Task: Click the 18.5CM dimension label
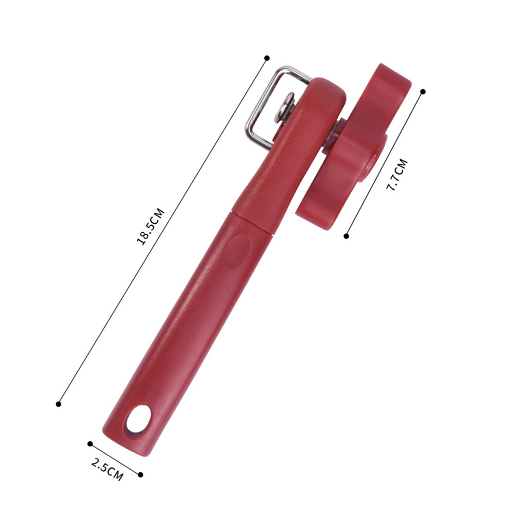(151, 226)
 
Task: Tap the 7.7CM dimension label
(396, 175)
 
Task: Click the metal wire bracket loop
(273, 105)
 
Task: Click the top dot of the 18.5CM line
(267, 58)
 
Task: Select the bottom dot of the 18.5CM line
(58, 404)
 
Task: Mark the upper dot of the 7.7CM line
(422, 92)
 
